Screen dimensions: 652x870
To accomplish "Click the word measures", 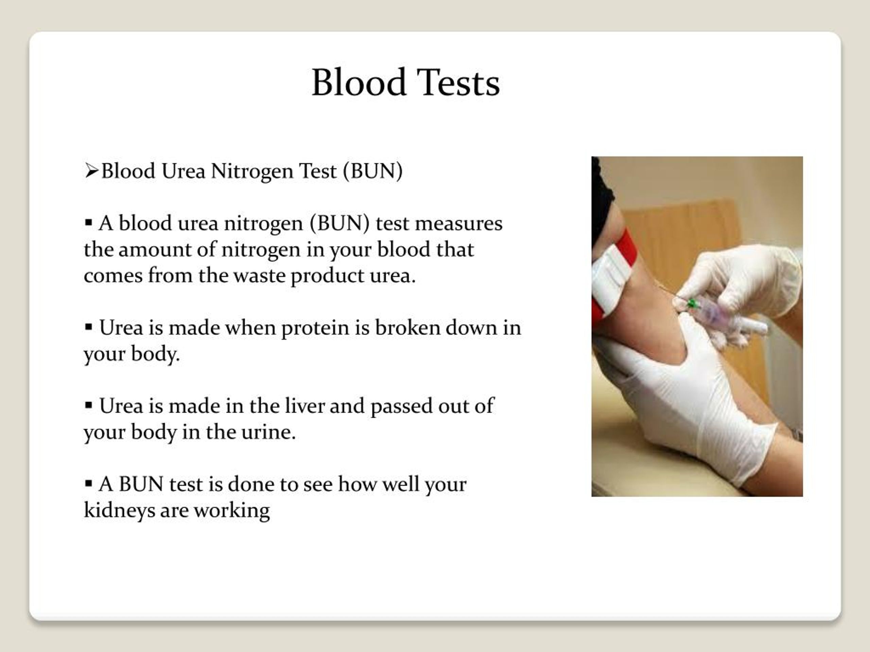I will [458, 224].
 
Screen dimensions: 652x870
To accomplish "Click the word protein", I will [315, 328].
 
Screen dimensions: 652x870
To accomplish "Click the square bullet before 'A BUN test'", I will [88, 483].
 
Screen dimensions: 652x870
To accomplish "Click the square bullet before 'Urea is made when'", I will [88, 327].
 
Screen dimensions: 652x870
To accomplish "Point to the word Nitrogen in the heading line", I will [252, 172].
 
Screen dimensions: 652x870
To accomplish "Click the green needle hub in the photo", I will [692, 303].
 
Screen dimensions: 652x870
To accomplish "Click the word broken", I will [407, 328].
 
